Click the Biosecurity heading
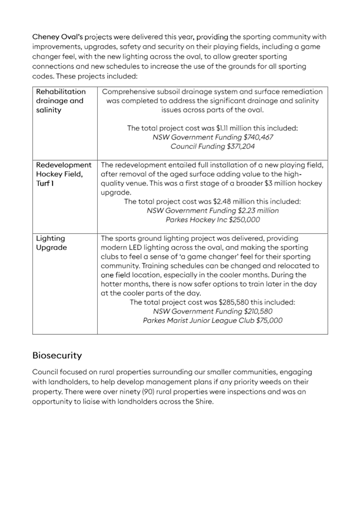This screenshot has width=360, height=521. pyautogui.click(x=57, y=355)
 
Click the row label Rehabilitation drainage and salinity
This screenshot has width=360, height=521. pyautogui.click(x=60, y=100)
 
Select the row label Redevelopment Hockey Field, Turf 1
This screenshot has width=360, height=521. pyautogui.click(x=63, y=174)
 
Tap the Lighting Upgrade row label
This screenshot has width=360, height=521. pyautogui.click(x=51, y=243)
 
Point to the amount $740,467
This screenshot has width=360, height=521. pyautogui.click(x=258, y=137)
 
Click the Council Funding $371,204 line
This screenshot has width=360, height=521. pyautogui.click(x=213, y=146)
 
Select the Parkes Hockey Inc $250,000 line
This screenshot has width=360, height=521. pyautogui.click(x=213, y=220)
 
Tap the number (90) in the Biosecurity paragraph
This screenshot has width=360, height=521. pyautogui.click(x=148, y=392)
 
